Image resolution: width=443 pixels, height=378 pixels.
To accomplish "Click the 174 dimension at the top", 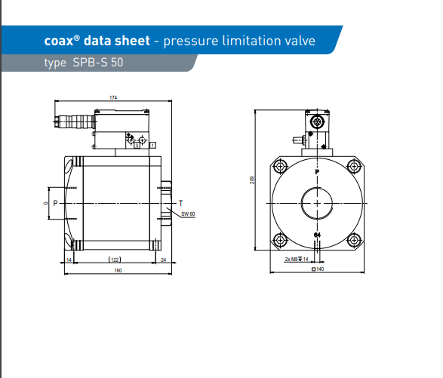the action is point(113,98).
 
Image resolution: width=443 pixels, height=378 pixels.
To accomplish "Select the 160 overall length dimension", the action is point(118,270).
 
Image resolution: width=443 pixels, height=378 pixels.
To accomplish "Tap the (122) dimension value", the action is point(115,260).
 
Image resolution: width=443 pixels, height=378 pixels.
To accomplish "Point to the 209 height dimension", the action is point(252,180).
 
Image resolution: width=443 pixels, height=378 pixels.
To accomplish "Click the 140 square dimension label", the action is point(318,269).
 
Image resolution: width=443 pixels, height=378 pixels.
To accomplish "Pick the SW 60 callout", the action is point(188,214).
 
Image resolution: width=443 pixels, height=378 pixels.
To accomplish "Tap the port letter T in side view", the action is point(181,203).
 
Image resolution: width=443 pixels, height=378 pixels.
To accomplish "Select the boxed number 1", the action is point(152,145).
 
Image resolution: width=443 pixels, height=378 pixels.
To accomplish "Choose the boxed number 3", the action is point(137,145).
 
